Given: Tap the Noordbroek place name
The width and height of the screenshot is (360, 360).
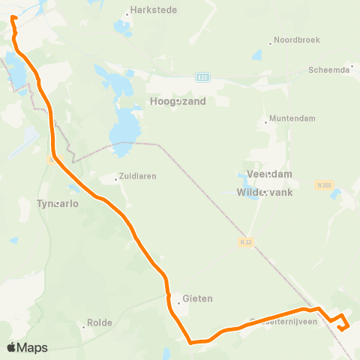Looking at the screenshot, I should (295, 40).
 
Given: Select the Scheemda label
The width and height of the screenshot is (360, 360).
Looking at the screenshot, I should (329, 69).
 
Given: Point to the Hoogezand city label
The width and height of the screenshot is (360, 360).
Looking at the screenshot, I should (178, 101).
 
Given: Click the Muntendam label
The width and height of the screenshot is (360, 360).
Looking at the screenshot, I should (292, 118).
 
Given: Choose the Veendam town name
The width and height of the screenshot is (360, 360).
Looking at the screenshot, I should (264, 173).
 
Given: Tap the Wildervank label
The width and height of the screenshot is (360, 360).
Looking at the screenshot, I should (264, 192).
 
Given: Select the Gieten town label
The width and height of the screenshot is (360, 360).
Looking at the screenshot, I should (197, 298).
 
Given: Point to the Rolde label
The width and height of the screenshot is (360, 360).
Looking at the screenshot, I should (100, 323).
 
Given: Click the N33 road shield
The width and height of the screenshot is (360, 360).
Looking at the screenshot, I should (246, 241).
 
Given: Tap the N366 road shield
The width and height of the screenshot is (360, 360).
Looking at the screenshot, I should (324, 184).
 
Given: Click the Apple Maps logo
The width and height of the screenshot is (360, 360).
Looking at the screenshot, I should (28, 347).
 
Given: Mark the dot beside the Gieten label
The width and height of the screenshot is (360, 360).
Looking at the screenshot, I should (178, 303).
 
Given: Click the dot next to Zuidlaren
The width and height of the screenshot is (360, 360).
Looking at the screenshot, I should (117, 178).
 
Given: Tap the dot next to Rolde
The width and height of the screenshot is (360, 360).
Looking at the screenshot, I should (84, 325).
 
